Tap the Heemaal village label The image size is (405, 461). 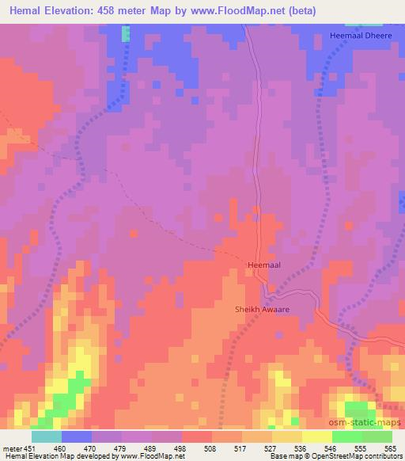click(x=264, y=265)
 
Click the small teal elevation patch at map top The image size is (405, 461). click(x=126, y=32)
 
